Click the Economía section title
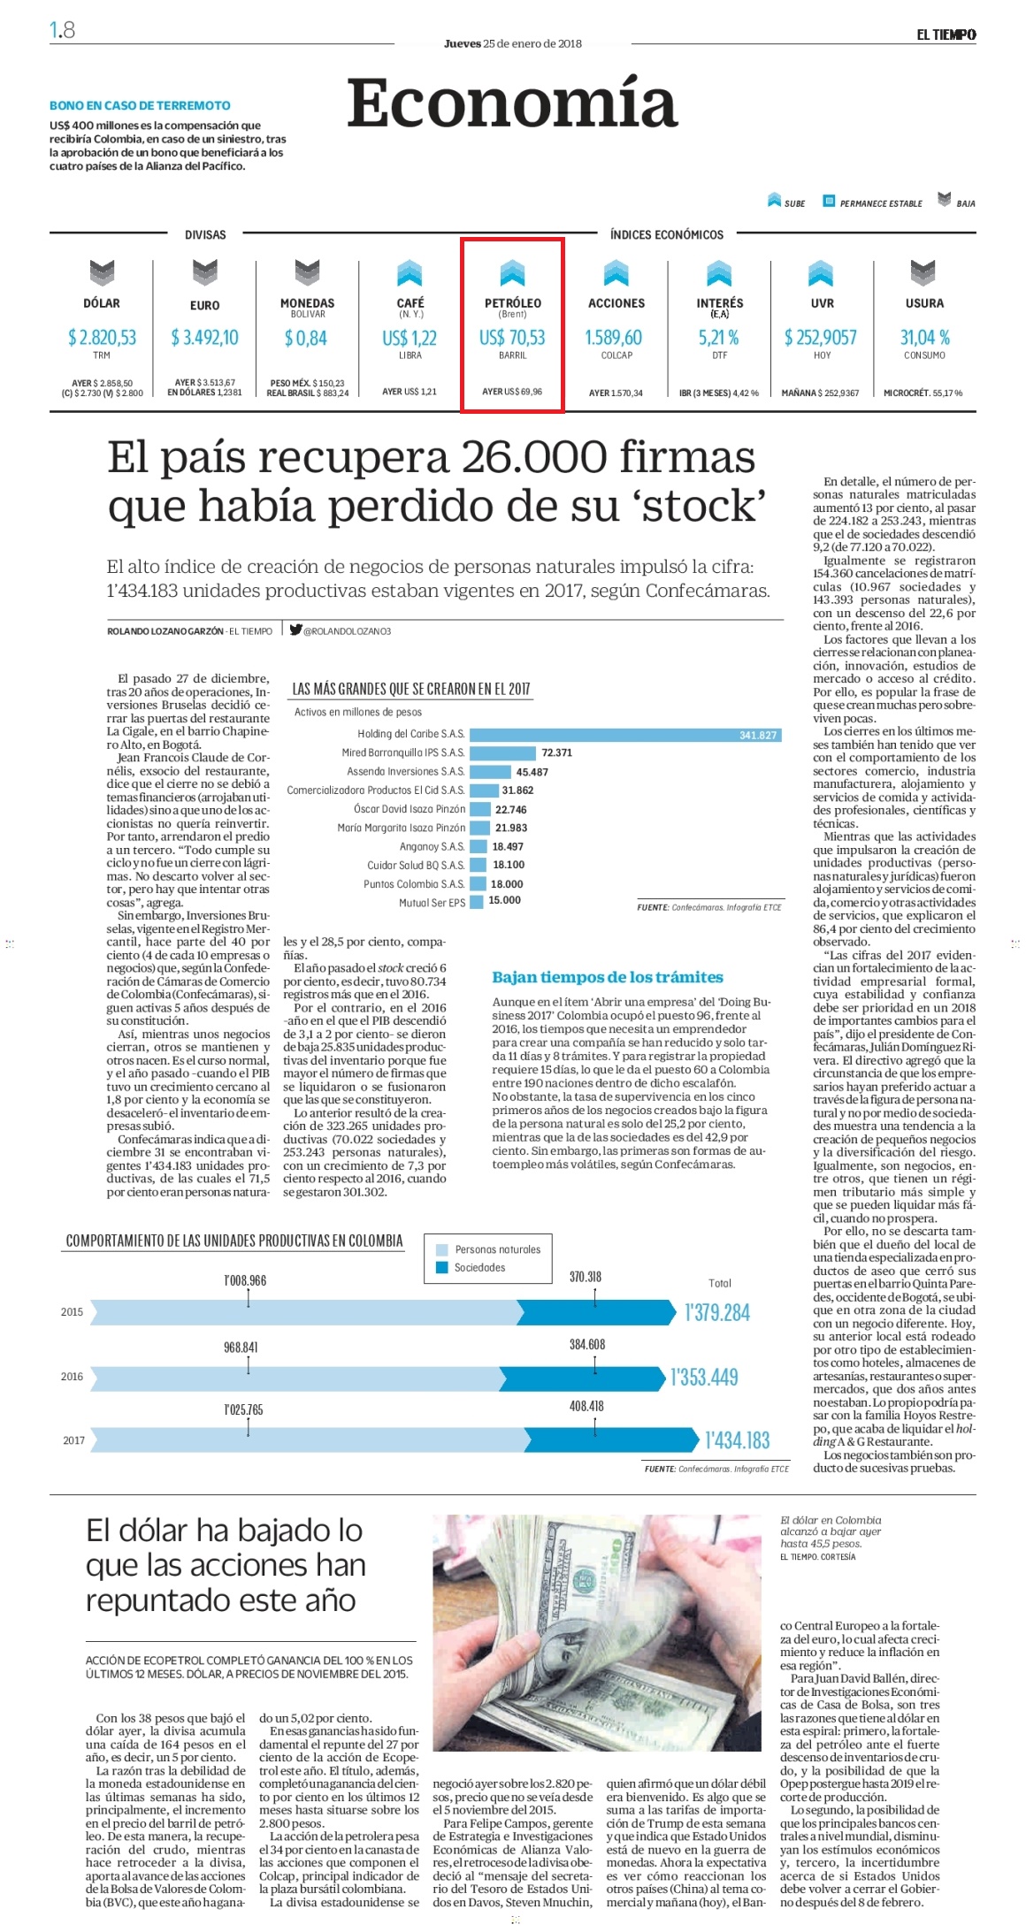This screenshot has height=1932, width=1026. (511, 103)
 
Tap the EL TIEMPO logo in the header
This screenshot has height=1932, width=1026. (946, 34)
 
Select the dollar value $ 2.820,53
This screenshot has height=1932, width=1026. (102, 337)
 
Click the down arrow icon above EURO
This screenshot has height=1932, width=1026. (204, 272)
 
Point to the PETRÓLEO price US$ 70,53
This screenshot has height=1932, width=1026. (512, 338)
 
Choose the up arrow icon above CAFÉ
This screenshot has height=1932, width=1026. (410, 272)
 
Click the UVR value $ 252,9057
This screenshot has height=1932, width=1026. (821, 337)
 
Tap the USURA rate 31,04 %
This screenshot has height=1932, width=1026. (924, 337)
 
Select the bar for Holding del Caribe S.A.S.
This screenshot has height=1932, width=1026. (624, 735)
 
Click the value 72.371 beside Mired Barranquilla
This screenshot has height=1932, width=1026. (556, 753)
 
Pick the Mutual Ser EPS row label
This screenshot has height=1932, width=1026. (432, 903)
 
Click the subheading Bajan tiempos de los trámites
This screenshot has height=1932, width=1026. (608, 977)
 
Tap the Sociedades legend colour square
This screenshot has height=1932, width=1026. (441, 1267)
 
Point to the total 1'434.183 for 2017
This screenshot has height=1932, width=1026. (738, 1440)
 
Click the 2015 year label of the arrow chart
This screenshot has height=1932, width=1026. (72, 1312)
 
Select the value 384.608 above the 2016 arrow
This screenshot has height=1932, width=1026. (587, 1345)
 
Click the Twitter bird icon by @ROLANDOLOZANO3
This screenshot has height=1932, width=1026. (295, 630)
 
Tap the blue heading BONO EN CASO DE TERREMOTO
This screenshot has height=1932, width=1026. (140, 105)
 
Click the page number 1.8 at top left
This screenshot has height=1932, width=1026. (62, 31)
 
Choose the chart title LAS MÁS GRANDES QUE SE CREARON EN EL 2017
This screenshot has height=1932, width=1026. (411, 689)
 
